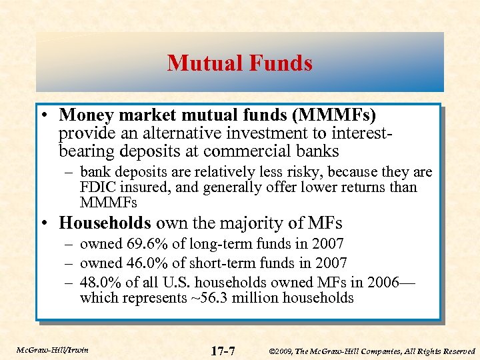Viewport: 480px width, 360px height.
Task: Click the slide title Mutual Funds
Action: (x=239, y=63)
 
